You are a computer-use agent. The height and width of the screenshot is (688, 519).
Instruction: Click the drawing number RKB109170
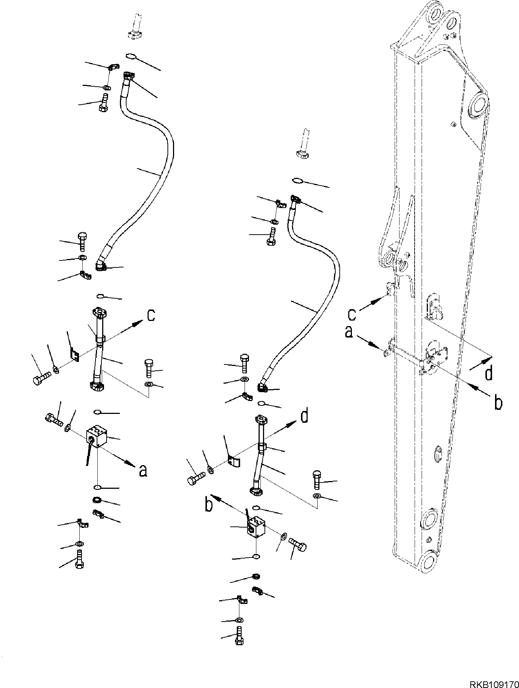coord(494,682)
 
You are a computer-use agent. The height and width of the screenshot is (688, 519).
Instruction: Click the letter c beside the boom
coord(352,314)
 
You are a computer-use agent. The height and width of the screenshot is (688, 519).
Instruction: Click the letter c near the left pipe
coord(151,315)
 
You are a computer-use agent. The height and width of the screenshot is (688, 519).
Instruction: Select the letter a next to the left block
coord(143,470)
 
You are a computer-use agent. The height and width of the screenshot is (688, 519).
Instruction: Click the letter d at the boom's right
coord(488,373)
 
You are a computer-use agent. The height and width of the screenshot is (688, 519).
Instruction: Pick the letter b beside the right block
coord(209,505)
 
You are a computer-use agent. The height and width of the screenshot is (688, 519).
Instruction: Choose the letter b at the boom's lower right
coord(498,403)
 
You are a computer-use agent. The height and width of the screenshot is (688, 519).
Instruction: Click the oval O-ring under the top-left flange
coord(131,56)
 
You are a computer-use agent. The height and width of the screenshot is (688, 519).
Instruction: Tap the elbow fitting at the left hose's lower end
coord(100,265)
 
